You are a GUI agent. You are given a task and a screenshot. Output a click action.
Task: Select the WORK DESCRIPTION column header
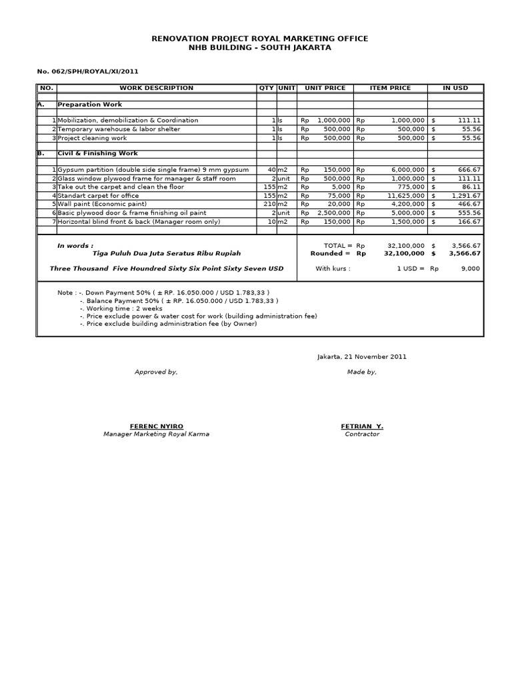click(x=157, y=88)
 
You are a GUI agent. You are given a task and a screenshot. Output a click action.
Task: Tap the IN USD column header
click(x=456, y=88)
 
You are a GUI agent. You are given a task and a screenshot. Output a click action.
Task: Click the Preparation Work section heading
click(x=89, y=105)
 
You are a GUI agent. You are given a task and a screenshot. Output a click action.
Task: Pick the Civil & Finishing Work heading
click(x=97, y=153)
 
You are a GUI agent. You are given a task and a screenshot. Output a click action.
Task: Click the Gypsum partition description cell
click(x=153, y=170)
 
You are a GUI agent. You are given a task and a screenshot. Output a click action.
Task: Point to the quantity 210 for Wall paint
click(x=269, y=204)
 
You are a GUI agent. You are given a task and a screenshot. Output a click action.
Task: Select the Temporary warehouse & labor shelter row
click(x=119, y=129)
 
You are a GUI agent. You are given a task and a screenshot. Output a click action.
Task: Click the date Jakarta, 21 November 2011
click(x=361, y=356)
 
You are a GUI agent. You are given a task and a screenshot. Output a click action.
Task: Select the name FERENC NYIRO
click(x=156, y=426)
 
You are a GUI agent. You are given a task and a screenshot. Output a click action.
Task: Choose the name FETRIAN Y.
click(x=362, y=426)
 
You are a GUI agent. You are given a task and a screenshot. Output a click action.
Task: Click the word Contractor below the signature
click(x=362, y=434)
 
